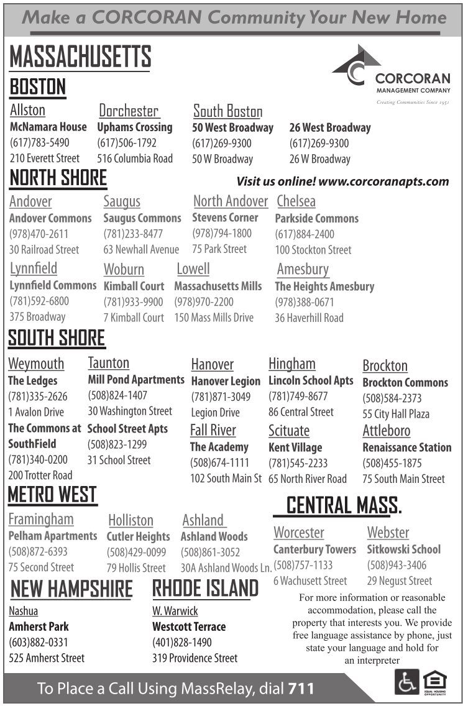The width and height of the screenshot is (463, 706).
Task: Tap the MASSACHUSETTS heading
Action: (80, 58)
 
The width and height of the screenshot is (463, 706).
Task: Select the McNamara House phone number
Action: (40, 143)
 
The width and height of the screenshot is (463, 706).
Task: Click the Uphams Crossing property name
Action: (135, 127)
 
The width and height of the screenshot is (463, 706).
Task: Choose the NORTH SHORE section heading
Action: (58, 178)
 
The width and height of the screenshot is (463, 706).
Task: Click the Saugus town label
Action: (122, 201)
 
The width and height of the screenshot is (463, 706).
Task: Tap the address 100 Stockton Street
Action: (313, 250)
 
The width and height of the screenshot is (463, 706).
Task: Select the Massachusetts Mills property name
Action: (218, 287)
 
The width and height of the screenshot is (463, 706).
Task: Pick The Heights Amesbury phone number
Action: (305, 302)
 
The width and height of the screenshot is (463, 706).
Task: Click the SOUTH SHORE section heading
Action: (57, 339)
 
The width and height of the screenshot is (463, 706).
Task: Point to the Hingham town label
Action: (292, 364)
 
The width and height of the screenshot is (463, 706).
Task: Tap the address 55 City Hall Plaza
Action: (396, 414)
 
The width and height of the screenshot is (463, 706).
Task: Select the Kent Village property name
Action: (295, 447)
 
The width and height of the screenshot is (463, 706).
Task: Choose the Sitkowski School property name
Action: (404, 549)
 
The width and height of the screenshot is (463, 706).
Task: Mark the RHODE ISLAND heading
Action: (206, 588)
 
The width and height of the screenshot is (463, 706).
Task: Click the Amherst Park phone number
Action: (39, 642)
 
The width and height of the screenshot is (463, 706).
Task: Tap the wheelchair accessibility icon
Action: (406, 682)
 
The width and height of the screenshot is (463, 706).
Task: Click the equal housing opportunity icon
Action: (435, 682)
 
